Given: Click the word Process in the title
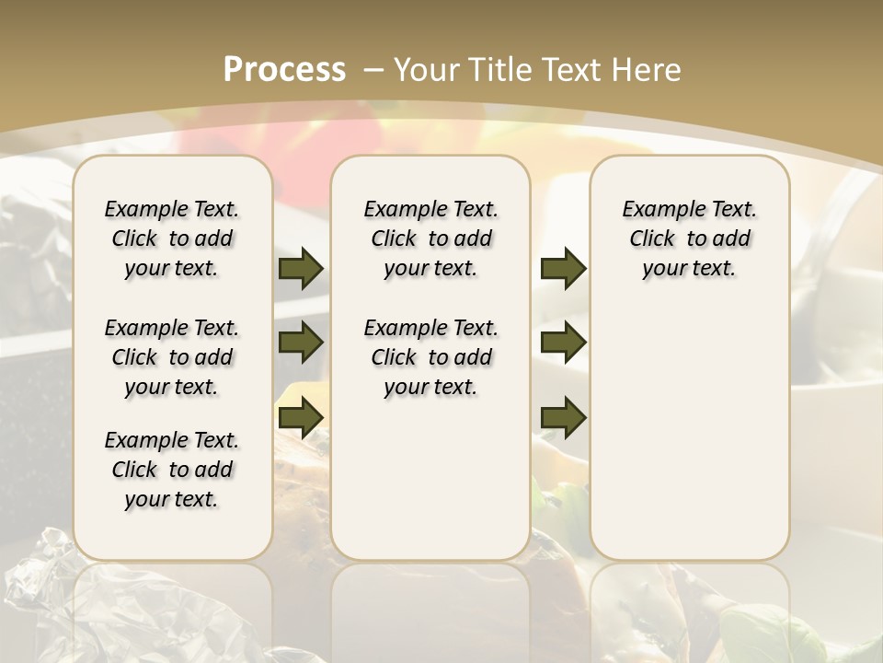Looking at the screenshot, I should pyautogui.click(x=284, y=70).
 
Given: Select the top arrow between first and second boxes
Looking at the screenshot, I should pyautogui.click(x=301, y=268).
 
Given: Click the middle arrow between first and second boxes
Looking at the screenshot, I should pyautogui.click(x=301, y=343).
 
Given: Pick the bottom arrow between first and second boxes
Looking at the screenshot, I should pyautogui.click(x=301, y=419).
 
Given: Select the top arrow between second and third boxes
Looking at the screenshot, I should pyautogui.click(x=563, y=268).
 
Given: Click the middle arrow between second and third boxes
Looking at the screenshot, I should pyautogui.click(x=563, y=343).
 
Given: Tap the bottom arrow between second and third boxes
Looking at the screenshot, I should pyautogui.click(x=563, y=419).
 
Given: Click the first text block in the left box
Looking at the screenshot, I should pyautogui.click(x=172, y=238).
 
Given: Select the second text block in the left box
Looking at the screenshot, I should pyautogui.click(x=172, y=357).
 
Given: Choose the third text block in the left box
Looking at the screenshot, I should pyautogui.click(x=172, y=470).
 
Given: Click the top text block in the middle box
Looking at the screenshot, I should pyautogui.click(x=430, y=238).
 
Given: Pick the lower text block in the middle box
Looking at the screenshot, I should pyautogui.click(x=430, y=357).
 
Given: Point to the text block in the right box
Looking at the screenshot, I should pyautogui.click(x=689, y=238).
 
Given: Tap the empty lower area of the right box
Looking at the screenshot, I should pyautogui.click(x=689, y=433).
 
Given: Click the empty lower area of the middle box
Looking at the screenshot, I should pyautogui.click(x=430, y=479).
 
